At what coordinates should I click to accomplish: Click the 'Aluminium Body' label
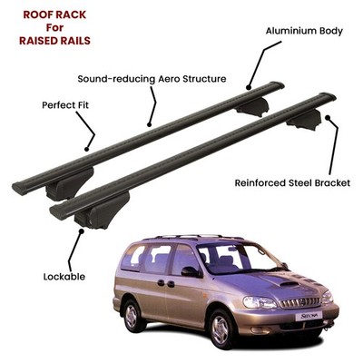[304, 31]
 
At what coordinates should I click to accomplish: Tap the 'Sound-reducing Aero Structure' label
[152, 79]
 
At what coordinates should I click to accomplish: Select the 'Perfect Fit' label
[65, 105]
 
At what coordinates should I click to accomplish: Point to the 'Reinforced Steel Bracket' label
[292, 183]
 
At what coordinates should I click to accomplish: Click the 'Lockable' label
[64, 277]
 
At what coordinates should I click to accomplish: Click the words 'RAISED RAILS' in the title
[54, 41]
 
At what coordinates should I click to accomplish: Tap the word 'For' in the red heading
[54, 27]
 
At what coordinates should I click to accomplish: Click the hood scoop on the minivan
[289, 284]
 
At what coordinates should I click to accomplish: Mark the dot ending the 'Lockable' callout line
[81, 231]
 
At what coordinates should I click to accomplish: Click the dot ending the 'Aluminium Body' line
[249, 88]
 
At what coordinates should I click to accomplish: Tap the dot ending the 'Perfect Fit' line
[87, 149]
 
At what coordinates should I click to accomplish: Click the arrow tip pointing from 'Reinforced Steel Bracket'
[327, 116]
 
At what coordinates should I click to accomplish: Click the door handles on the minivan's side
[166, 283]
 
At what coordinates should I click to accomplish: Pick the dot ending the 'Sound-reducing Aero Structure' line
[149, 124]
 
